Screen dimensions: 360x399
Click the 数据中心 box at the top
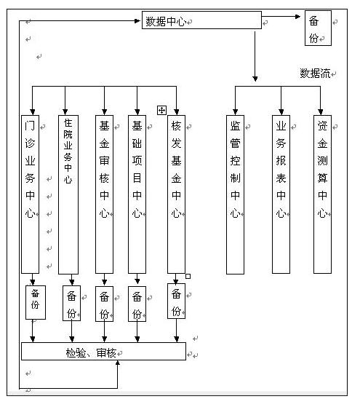[201, 20]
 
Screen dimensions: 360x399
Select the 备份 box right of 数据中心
[318, 28]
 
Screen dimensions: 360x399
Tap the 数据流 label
[315, 74]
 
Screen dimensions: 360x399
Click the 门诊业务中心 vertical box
[31, 194]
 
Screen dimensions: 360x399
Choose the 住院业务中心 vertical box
[68, 194]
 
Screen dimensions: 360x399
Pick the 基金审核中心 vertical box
[104, 194]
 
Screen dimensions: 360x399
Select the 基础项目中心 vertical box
[137, 194]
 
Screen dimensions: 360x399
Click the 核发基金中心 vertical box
[176, 194]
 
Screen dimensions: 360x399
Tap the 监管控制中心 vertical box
[235, 194]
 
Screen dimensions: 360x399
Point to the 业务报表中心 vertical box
[281, 194]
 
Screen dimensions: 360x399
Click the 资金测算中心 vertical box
[322, 194]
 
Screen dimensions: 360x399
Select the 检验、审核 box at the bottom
[103, 351]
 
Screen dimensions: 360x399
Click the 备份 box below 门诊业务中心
[36, 302]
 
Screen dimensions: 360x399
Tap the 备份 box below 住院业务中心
[72, 303]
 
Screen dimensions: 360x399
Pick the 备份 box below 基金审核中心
[104, 304]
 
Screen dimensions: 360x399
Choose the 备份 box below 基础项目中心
[137, 304]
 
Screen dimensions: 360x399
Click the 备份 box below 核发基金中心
[176, 301]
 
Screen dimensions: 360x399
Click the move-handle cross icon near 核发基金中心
[161, 111]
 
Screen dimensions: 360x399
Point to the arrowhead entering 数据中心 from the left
[137, 21]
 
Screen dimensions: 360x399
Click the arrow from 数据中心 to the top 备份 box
[281, 17]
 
